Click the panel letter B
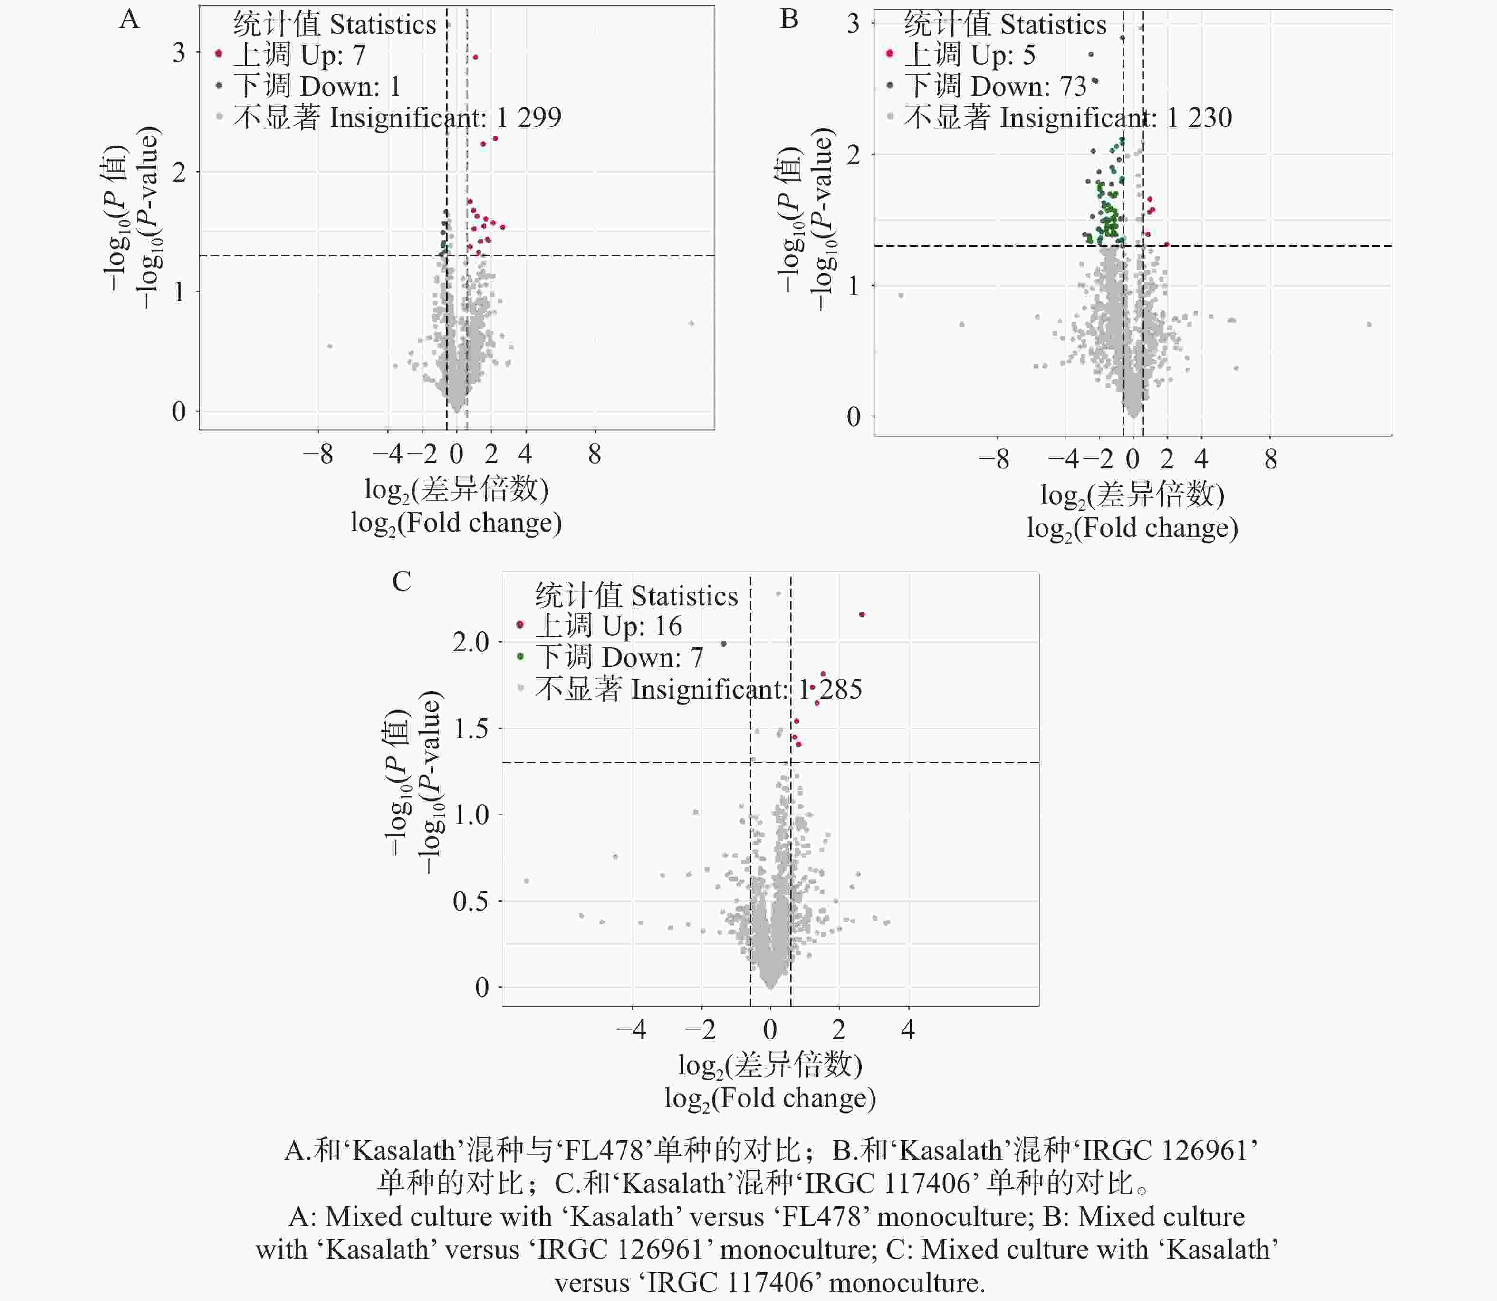[x=789, y=19]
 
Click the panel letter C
[x=401, y=582]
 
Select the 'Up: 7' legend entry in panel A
[x=299, y=55]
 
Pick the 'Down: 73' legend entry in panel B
[x=995, y=87]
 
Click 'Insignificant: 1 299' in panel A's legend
[x=397, y=117]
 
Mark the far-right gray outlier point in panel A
[x=691, y=324]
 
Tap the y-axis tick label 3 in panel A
[x=179, y=53]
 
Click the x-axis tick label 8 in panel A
[x=595, y=455]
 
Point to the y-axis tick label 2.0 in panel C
[x=471, y=642]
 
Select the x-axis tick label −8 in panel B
[x=993, y=459]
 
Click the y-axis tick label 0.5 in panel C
[x=471, y=902]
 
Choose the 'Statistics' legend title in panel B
[x=1053, y=25]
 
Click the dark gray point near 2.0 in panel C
[x=723, y=644]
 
